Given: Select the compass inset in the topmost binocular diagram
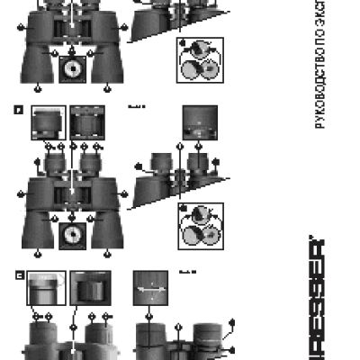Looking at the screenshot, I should pyautogui.click(x=71, y=68).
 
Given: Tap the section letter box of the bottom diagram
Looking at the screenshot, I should pyautogui.click(x=18, y=275).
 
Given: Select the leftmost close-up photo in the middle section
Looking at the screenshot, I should pyautogui.click(x=48, y=123).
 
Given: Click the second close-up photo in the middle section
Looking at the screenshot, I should pyautogui.click(x=88, y=123).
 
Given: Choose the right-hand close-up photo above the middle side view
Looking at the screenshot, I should pyautogui.click(x=199, y=123).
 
